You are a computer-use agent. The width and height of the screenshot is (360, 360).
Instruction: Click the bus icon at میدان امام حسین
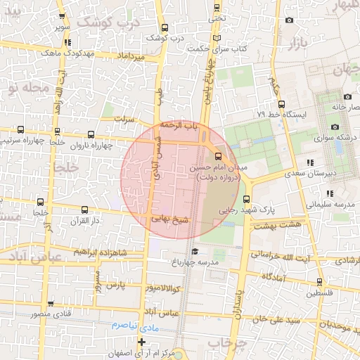217,156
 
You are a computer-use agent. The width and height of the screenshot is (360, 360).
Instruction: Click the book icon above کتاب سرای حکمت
217,37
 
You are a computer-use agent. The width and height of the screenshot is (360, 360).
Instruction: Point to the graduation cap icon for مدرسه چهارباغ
194,252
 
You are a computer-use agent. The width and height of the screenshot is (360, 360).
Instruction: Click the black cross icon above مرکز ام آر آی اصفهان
141,342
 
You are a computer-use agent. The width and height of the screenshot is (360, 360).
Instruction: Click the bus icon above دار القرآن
84,210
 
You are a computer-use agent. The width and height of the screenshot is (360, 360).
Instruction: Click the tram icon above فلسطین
314,282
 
